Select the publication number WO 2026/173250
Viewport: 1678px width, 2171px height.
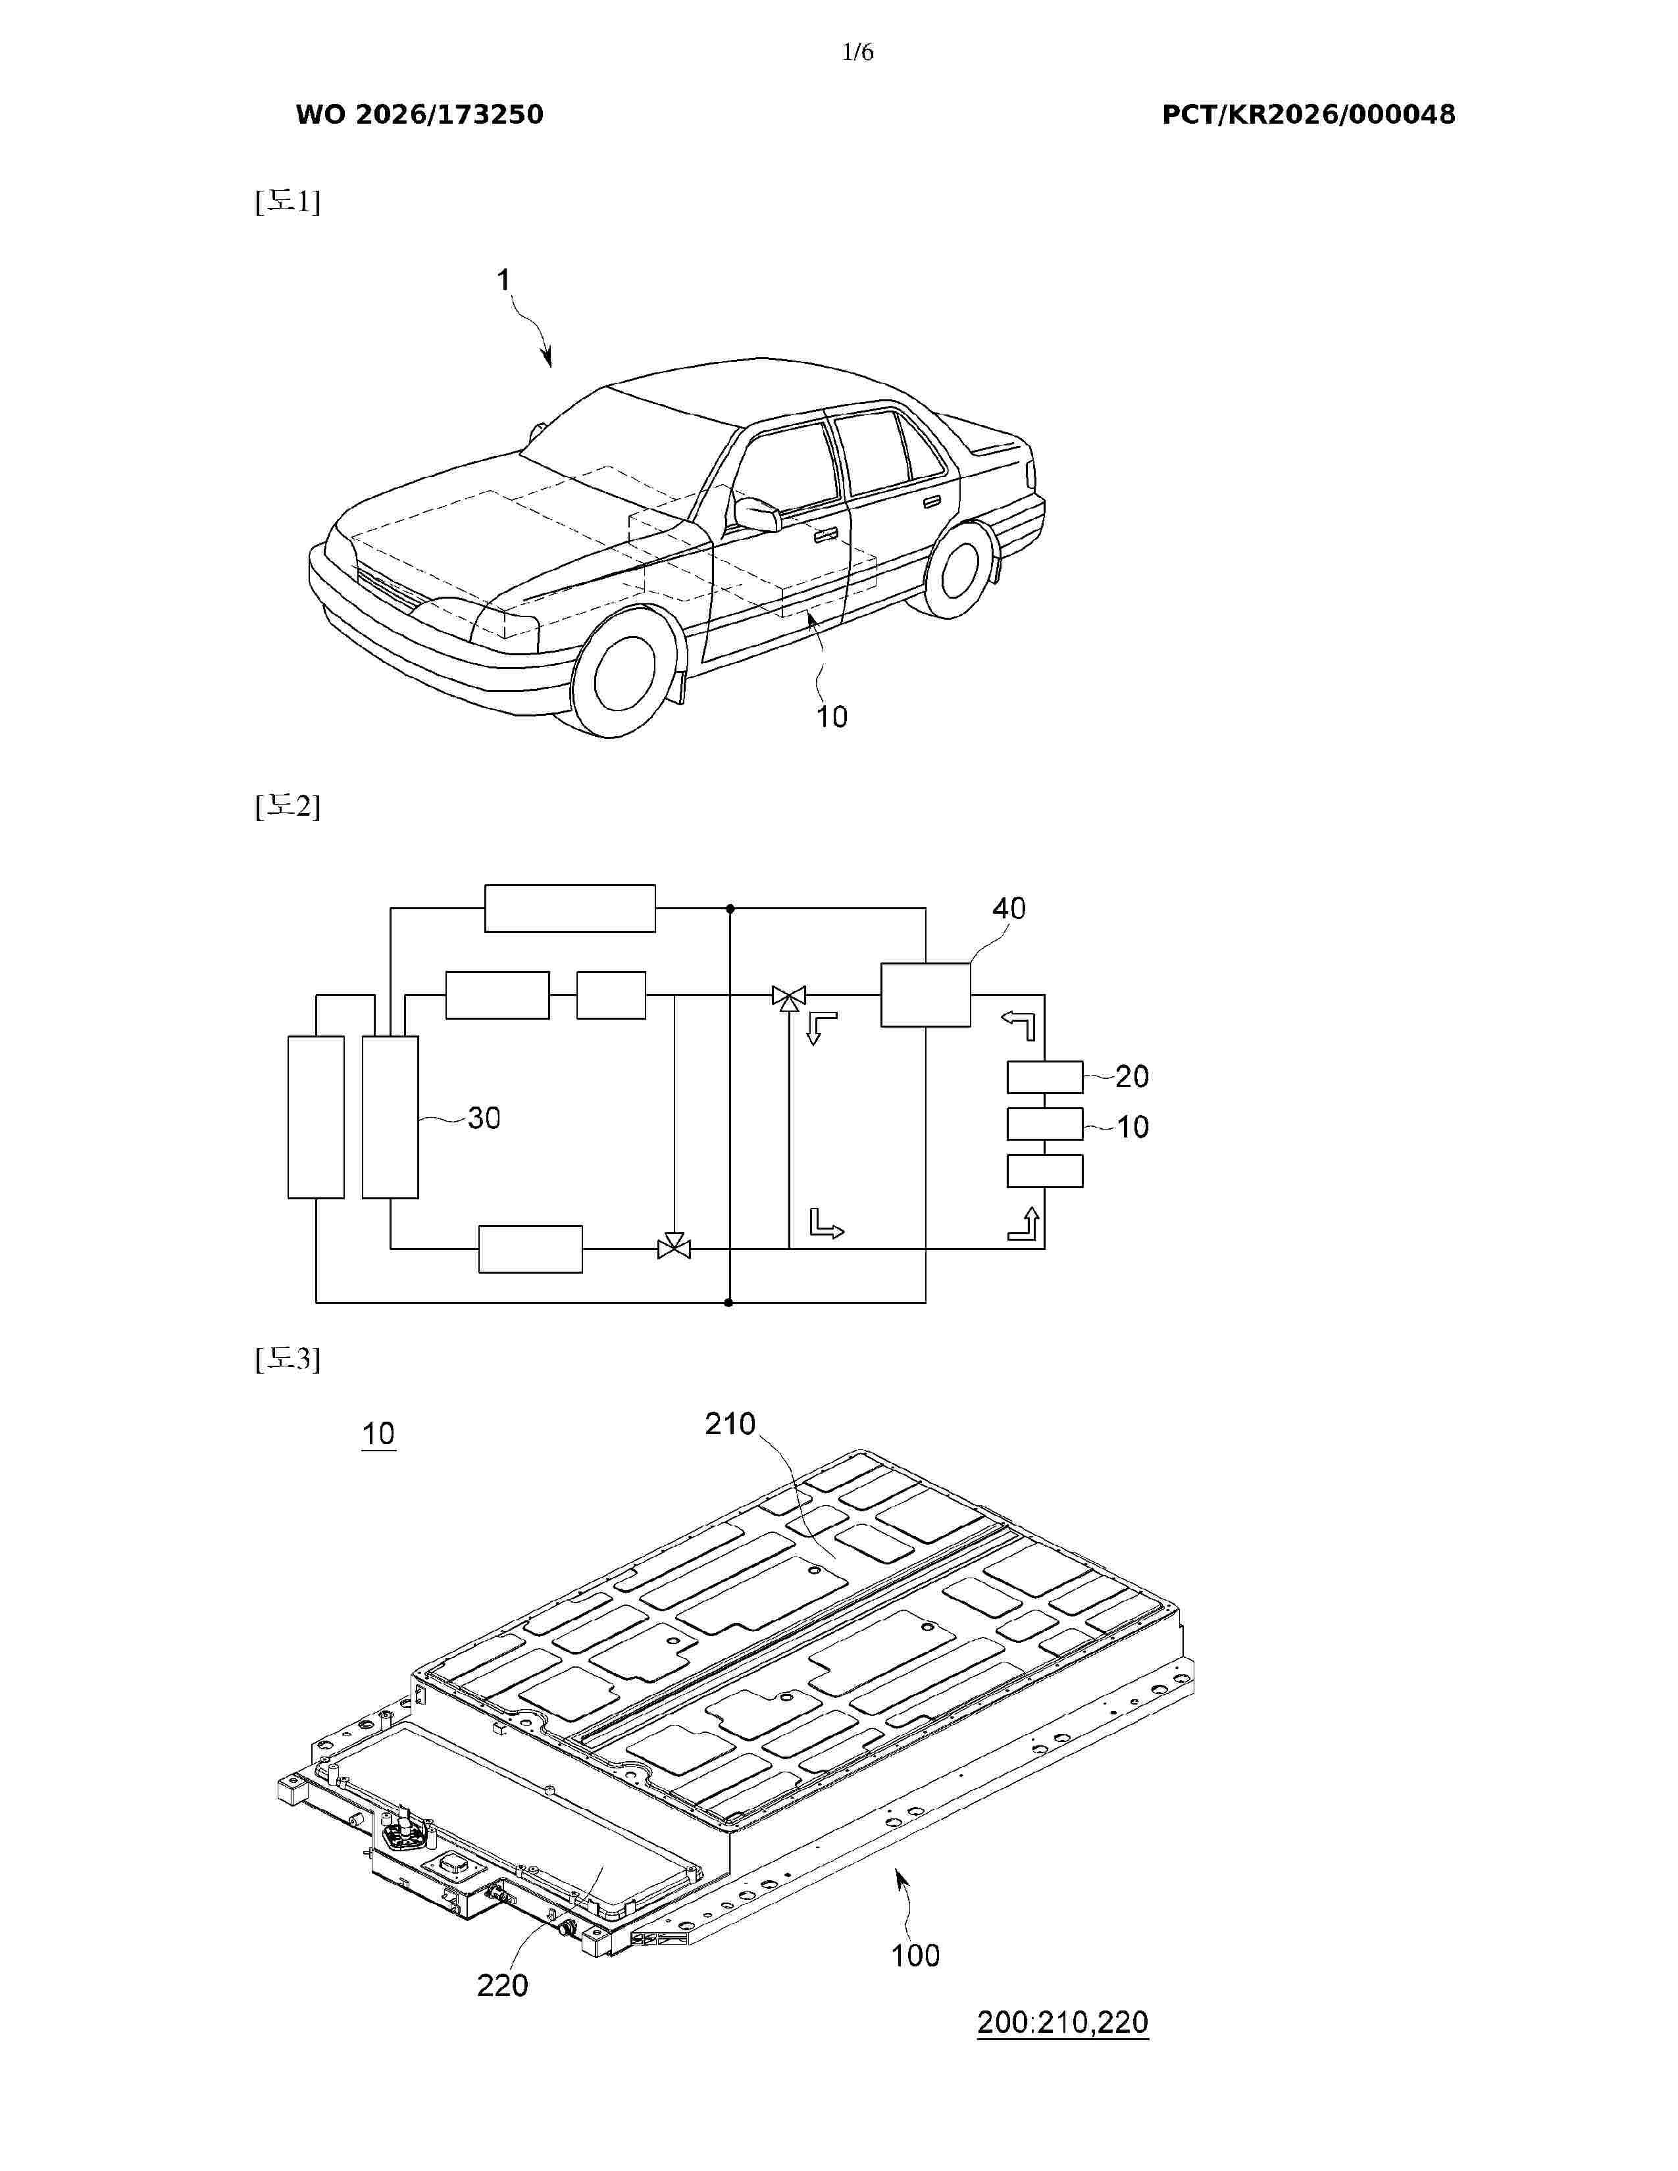(x=420, y=114)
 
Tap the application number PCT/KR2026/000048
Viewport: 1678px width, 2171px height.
(x=1308, y=114)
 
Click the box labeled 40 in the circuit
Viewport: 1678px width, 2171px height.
(x=925, y=994)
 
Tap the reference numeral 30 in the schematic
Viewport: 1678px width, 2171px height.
(x=484, y=1118)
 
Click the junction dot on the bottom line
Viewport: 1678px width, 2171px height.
(x=728, y=1302)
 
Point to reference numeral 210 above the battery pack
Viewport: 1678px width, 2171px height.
(x=730, y=1424)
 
